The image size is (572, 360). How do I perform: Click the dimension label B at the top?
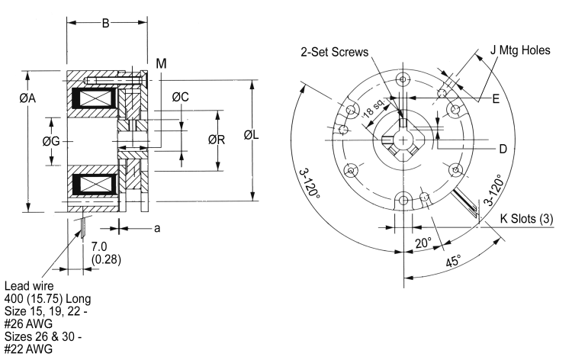click(107, 24)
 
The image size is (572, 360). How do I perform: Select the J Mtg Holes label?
click(526, 52)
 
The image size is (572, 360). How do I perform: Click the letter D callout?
click(503, 149)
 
